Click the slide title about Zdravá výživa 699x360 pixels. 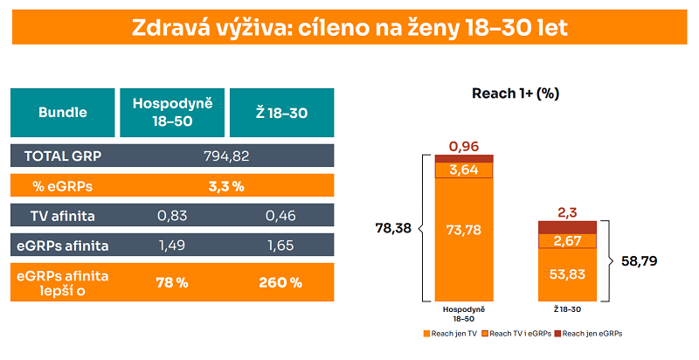[349, 27]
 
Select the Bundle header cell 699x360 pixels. [62, 112]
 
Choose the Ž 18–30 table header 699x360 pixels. [281, 112]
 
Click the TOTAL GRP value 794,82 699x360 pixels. [227, 156]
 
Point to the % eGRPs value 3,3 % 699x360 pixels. [227, 185]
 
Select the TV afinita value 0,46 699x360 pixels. [281, 215]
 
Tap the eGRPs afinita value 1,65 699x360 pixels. [281, 244]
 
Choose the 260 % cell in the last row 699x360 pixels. [281, 282]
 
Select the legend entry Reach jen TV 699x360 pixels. [452, 333]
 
